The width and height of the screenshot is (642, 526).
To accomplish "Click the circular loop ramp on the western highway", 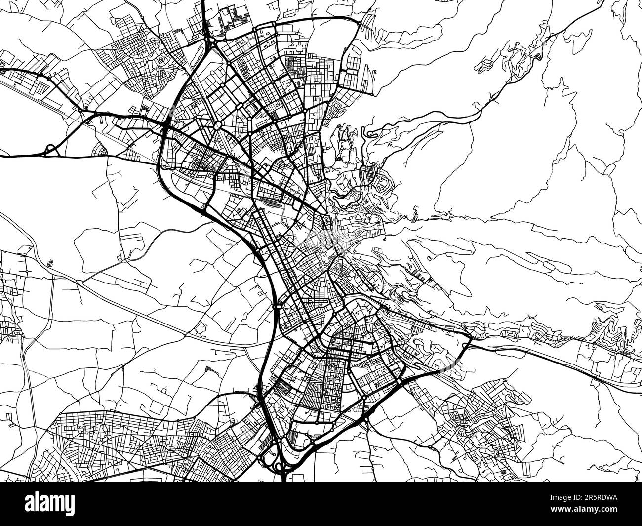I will [50, 149].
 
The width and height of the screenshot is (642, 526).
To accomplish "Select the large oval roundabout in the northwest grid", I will [217, 126].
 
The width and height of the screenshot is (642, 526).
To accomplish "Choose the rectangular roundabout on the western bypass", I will [278, 307].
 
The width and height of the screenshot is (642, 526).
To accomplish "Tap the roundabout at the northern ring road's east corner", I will [360, 22].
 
